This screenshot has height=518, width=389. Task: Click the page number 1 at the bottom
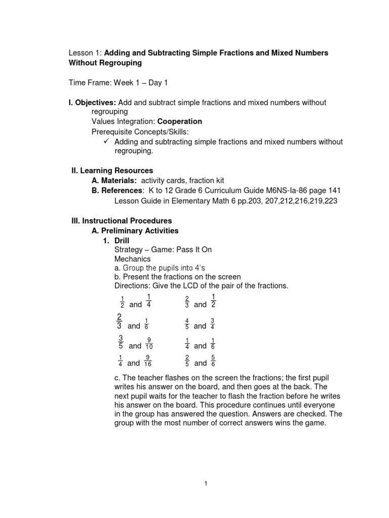tap(206, 484)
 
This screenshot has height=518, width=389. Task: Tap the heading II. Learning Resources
tap(112, 171)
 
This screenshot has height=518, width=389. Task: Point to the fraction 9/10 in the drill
tap(149, 343)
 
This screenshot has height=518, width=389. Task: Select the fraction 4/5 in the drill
tap(187, 324)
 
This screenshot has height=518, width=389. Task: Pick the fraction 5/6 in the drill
tap(214, 360)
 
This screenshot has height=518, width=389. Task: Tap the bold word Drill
tap(123, 240)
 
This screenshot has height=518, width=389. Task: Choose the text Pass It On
tap(192, 250)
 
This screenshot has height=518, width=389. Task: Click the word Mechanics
tap(132, 259)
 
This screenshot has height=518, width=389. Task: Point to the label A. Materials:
tap(114, 181)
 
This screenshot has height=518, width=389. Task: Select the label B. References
tap(117, 190)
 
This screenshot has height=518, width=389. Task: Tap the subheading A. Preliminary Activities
tap(135, 231)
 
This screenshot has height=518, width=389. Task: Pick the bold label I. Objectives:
tap(92, 102)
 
